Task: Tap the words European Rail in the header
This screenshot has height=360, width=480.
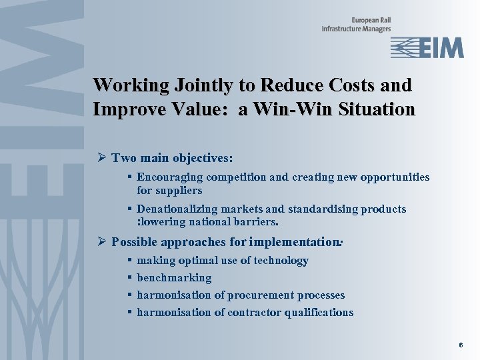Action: tap(367, 20)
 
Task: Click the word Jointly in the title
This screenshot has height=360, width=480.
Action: tap(200, 85)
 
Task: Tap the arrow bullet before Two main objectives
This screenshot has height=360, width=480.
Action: tap(102, 158)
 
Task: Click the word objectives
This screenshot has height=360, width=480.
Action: tap(203, 159)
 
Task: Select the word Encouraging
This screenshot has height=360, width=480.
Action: tap(170, 177)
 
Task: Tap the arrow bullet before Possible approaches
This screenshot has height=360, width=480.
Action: tap(102, 241)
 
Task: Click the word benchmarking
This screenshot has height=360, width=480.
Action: tap(174, 278)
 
